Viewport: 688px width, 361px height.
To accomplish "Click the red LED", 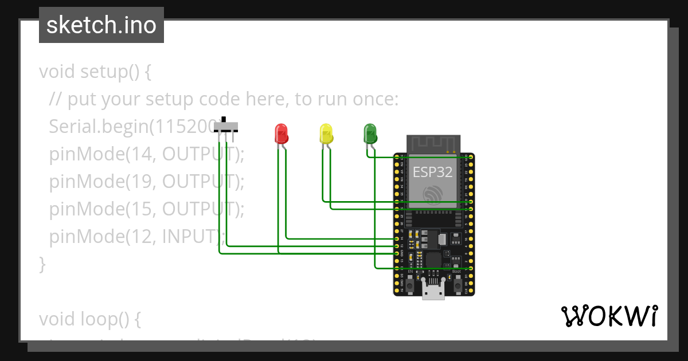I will (x=281, y=134).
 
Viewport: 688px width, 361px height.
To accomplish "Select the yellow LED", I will (x=325, y=134).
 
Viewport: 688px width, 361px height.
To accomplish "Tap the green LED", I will (x=370, y=134).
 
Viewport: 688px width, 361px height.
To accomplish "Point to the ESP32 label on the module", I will (x=433, y=172).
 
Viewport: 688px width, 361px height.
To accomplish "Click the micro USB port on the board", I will (x=433, y=289).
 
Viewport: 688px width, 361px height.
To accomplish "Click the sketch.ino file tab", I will (x=101, y=25).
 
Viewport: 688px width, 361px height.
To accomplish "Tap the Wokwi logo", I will (x=608, y=316).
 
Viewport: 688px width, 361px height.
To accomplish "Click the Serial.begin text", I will (x=99, y=127).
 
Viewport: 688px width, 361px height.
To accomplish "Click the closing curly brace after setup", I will (x=42, y=264).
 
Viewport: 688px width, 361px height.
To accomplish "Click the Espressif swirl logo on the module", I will (x=433, y=194).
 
